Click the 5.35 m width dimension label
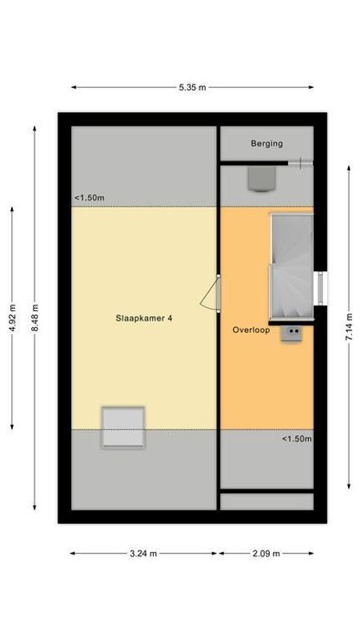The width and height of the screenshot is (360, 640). click(x=192, y=87)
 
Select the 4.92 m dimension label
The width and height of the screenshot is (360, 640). click(x=11, y=318)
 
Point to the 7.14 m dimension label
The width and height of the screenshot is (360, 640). click(x=348, y=326)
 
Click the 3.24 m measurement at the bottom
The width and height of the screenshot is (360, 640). click(x=143, y=553)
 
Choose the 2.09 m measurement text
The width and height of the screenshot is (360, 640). click(x=266, y=553)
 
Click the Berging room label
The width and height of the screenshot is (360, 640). click(x=266, y=144)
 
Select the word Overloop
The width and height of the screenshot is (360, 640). click(x=251, y=330)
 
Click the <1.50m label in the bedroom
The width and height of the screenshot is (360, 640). click(x=90, y=198)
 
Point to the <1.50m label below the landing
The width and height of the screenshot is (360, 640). click(x=296, y=438)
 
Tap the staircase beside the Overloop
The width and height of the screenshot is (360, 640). click(x=291, y=266)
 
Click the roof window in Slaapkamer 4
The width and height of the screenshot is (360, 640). click(x=122, y=426)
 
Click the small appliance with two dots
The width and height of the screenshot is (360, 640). click(x=292, y=334)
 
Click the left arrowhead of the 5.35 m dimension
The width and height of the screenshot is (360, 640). click(x=73, y=87)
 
